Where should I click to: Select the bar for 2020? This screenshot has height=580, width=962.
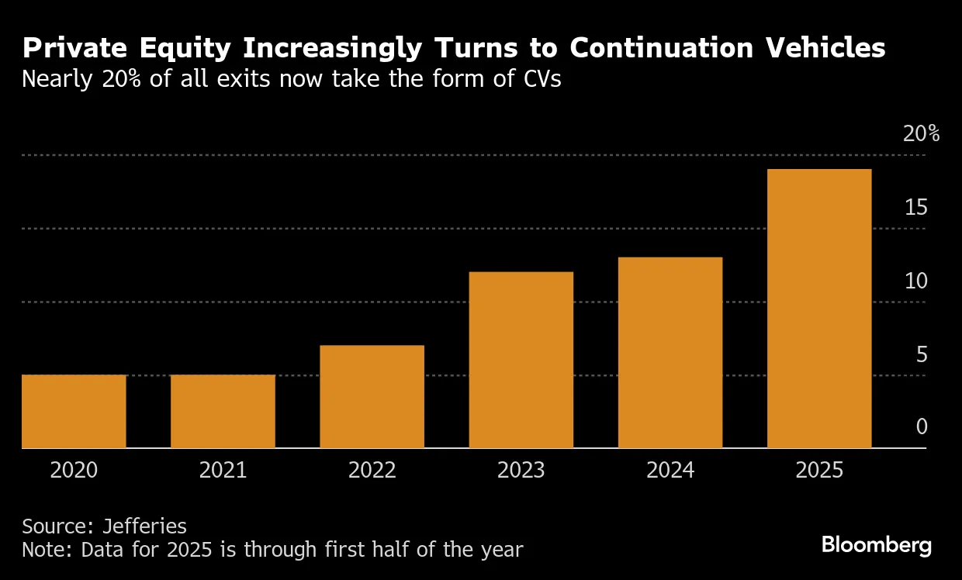[74, 411]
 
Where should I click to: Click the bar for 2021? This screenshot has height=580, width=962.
[223, 411]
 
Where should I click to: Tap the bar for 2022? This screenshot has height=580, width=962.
[372, 396]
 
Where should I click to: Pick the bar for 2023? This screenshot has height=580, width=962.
[521, 360]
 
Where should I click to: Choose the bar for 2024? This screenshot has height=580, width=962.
[670, 352]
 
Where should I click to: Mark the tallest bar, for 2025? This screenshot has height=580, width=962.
[819, 309]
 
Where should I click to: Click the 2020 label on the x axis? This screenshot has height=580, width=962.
[74, 471]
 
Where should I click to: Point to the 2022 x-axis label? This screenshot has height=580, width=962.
[372, 471]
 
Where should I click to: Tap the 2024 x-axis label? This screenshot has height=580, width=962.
[670, 471]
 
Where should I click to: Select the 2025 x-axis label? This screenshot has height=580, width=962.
[819, 471]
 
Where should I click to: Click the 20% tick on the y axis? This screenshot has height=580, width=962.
[921, 134]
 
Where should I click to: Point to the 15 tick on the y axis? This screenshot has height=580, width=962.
[915, 208]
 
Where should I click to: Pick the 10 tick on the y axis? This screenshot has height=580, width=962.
[915, 281]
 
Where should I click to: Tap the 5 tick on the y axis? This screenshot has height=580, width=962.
[921, 354]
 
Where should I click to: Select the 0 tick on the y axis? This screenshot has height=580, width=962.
[921, 427]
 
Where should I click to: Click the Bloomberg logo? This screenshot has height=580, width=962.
[876, 545]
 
